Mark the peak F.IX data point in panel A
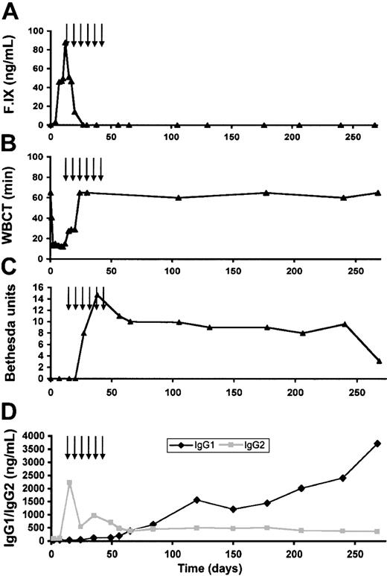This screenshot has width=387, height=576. [65, 43]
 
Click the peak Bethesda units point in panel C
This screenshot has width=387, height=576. [97, 294]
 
